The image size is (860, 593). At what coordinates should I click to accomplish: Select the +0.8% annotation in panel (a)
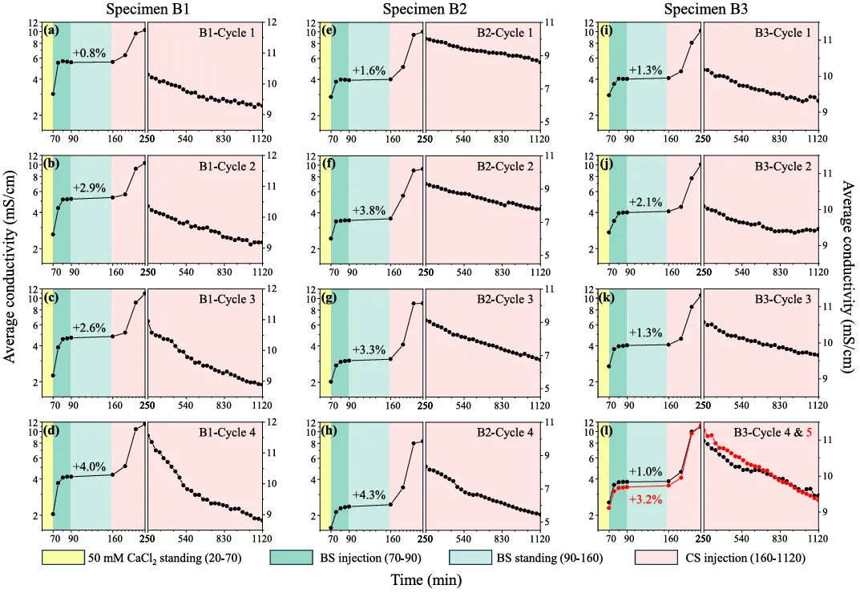(x=89, y=53)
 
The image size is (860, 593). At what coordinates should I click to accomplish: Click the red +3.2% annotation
(x=645, y=498)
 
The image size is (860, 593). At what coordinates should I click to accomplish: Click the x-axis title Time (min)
(x=430, y=579)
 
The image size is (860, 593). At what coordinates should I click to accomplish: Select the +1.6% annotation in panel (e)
(x=368, y=70)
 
